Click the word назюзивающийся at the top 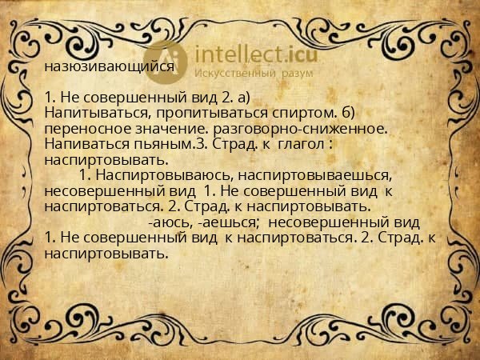pos(110,67)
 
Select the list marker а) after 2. pos(242,98)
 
